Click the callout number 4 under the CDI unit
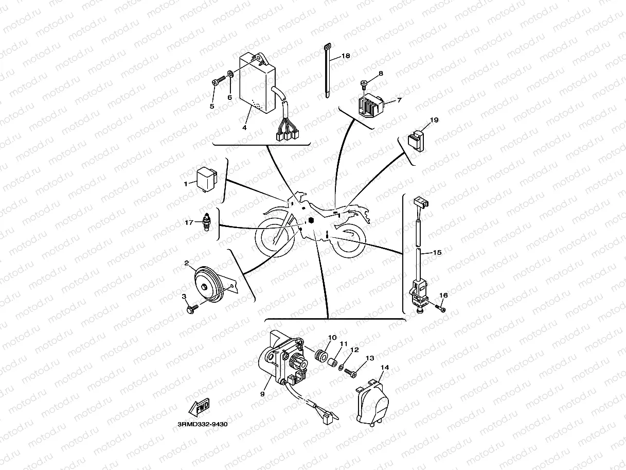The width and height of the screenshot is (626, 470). pos(245,127)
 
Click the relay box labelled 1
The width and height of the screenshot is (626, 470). pos(205,178)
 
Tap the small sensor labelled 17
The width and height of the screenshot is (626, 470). pos(207,222)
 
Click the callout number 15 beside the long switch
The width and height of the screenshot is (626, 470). pos(436,253)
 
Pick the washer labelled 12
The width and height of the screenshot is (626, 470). pos(342,367)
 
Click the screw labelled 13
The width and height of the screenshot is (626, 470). pos(351,372)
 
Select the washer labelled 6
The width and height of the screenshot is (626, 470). pos(230,76)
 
